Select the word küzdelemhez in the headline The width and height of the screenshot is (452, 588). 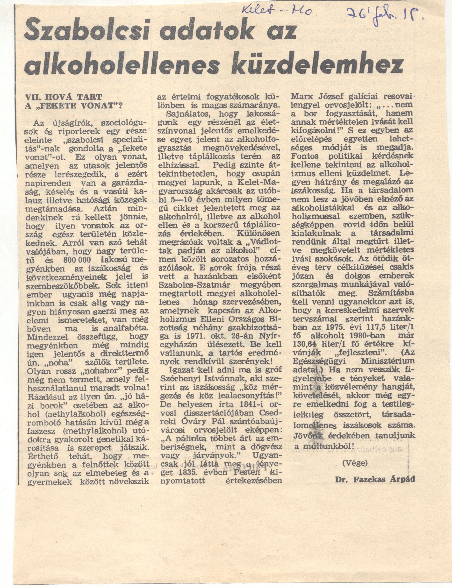[318, 64]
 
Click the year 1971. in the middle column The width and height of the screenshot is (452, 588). [190, 336]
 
